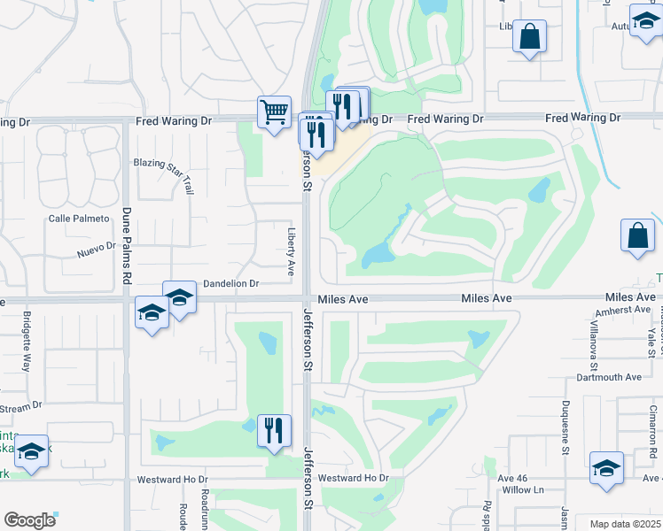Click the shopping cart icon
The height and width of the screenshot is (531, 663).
(x=275, y=112)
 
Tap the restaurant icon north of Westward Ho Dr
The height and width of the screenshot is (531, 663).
(x=274, y=431)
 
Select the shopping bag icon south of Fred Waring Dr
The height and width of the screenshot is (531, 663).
(x=638, y=235)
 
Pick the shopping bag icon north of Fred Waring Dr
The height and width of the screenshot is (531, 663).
(x=530, y=36)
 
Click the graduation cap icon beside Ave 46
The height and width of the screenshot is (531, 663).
(x=606, y=468)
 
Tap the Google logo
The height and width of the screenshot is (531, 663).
(x=29, y=519)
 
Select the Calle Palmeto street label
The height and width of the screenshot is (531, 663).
(x=79, y=219)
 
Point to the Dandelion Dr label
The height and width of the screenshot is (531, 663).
(x=230, y=284)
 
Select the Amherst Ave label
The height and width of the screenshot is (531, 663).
(x=624, y=310)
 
